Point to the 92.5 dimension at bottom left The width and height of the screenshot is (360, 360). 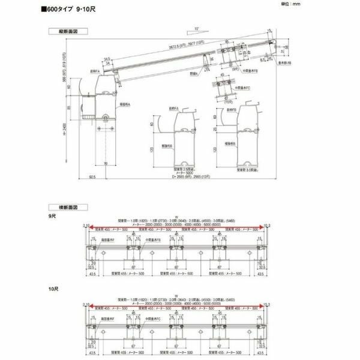click(93, 178)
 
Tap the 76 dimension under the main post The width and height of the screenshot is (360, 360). click(106, 163)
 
